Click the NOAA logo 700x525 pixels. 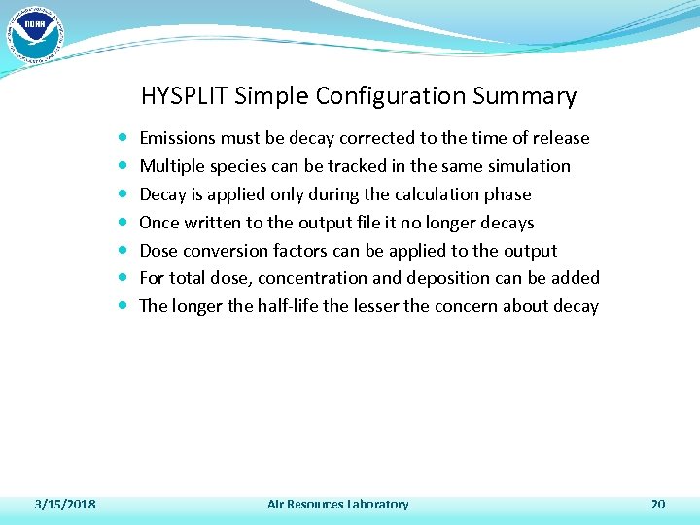click(34, 32)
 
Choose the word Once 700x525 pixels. click(159, 223)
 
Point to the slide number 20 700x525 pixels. click(658, 504)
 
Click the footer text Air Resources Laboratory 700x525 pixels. click(338, 504)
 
